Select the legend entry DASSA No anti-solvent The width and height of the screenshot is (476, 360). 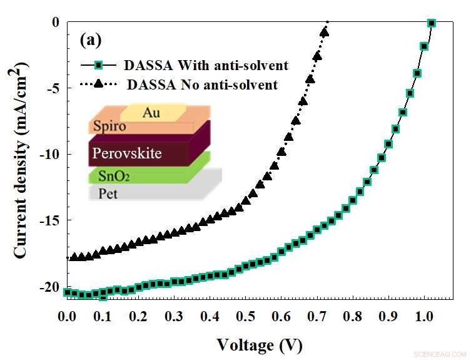click(201, 84)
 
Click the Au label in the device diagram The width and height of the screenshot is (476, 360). click(150, 113)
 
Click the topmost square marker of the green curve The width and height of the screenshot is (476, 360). click(431, 23)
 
